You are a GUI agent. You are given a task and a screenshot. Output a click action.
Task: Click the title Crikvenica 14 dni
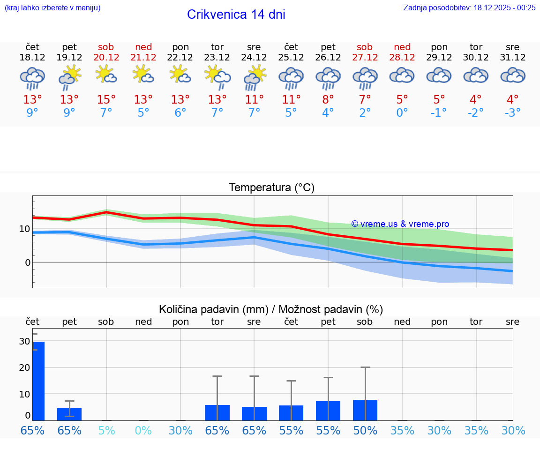click(236, 15)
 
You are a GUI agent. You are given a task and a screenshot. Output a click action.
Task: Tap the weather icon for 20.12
click(106, 75)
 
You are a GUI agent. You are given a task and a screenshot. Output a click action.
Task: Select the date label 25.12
click(291, 58)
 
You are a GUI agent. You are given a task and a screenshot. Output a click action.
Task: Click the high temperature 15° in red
click(106, 99)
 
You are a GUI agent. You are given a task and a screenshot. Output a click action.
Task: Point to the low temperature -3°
click(512, 112)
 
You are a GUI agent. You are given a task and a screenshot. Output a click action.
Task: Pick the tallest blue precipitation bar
click(38, 381)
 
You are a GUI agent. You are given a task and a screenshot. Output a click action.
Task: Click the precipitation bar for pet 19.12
click(69, 414)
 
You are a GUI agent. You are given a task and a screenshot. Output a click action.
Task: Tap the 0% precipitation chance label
click(143, 430)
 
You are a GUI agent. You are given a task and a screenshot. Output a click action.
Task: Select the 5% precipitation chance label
click(106, 430)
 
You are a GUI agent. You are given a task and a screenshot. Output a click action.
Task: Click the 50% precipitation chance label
click(365, 430)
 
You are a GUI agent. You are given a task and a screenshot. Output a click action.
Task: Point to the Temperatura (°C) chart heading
click(271, 188)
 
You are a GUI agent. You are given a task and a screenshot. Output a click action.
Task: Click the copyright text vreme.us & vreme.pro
click(400, 224)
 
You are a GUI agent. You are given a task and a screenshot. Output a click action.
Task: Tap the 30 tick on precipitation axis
click(24, 342)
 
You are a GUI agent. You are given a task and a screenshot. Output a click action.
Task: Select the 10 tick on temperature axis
click(24, 229)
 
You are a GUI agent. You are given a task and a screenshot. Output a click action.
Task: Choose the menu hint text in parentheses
click(52, 7)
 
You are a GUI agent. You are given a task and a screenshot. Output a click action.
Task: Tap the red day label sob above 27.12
click(365, 47)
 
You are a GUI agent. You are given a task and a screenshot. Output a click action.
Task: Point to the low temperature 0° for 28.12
click(402, 112)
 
